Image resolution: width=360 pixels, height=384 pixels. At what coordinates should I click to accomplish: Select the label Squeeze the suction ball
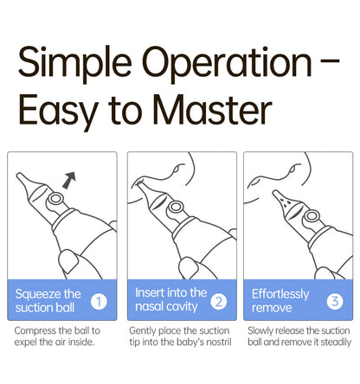pos(48,301)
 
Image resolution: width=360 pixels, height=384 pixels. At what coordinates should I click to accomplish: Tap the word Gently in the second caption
pos(143,330)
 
